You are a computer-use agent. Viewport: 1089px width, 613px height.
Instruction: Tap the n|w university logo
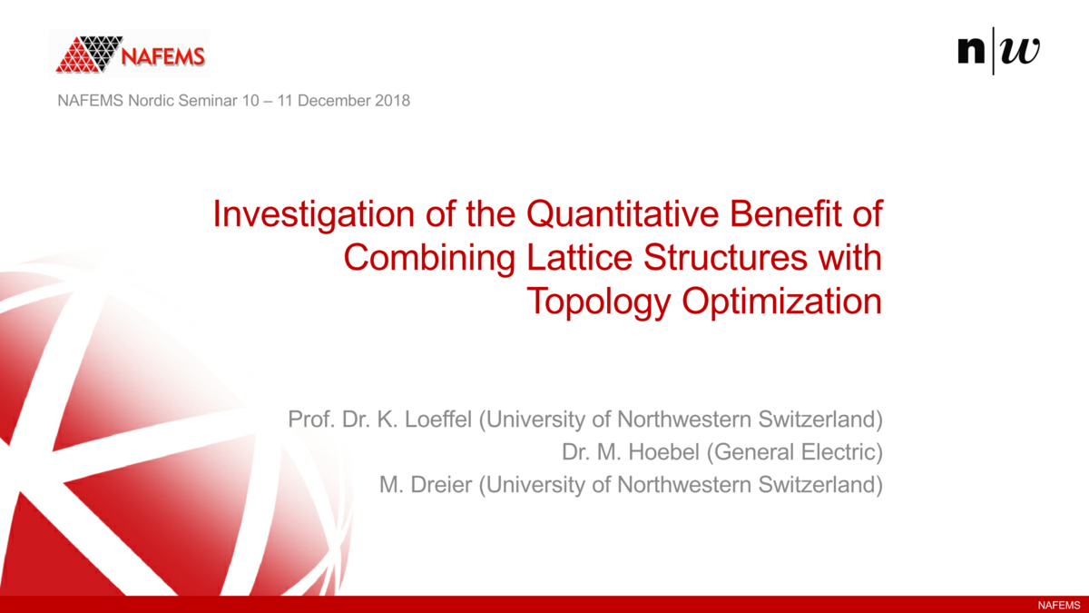pos(998,51)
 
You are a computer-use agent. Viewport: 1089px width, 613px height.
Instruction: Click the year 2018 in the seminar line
pos(394,100)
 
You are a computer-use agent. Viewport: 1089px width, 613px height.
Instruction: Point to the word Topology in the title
pos(600,302)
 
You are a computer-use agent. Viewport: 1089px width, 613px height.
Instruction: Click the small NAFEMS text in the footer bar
pos(1058,605)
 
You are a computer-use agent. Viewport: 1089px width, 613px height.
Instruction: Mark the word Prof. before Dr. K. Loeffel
pos(310,420)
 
